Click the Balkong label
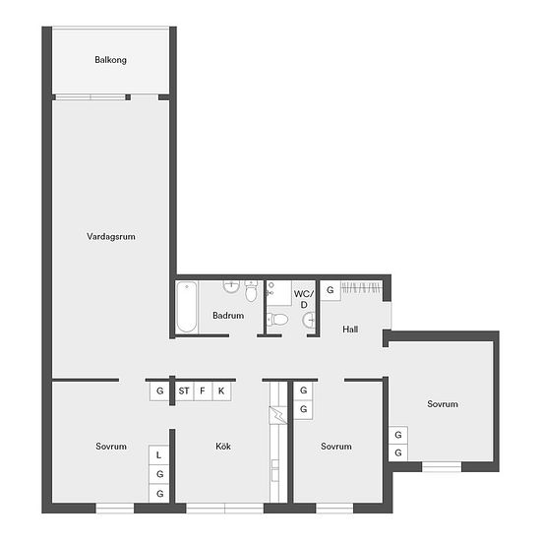pos(110,60)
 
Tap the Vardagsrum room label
pos(111,237)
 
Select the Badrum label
pos(228,316)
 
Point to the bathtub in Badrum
pos(187,307)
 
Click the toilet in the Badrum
pos(251,292)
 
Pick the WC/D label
pos(304,299)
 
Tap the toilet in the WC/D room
pos(277,319)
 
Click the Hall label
pos(350,330)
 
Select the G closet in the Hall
pos(331,290)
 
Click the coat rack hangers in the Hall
pos(362,287)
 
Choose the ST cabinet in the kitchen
pos(184,391)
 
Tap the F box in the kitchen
pos(203,391)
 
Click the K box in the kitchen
pos(221,391)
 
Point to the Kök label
pos(223,447)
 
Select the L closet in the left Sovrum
pos(158,455)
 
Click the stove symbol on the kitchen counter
pos(278,415)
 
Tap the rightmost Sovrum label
pos(443,404)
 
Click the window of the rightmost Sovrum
pos(442,467)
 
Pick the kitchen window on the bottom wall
pos(224,508)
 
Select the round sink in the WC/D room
pos(309,320)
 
